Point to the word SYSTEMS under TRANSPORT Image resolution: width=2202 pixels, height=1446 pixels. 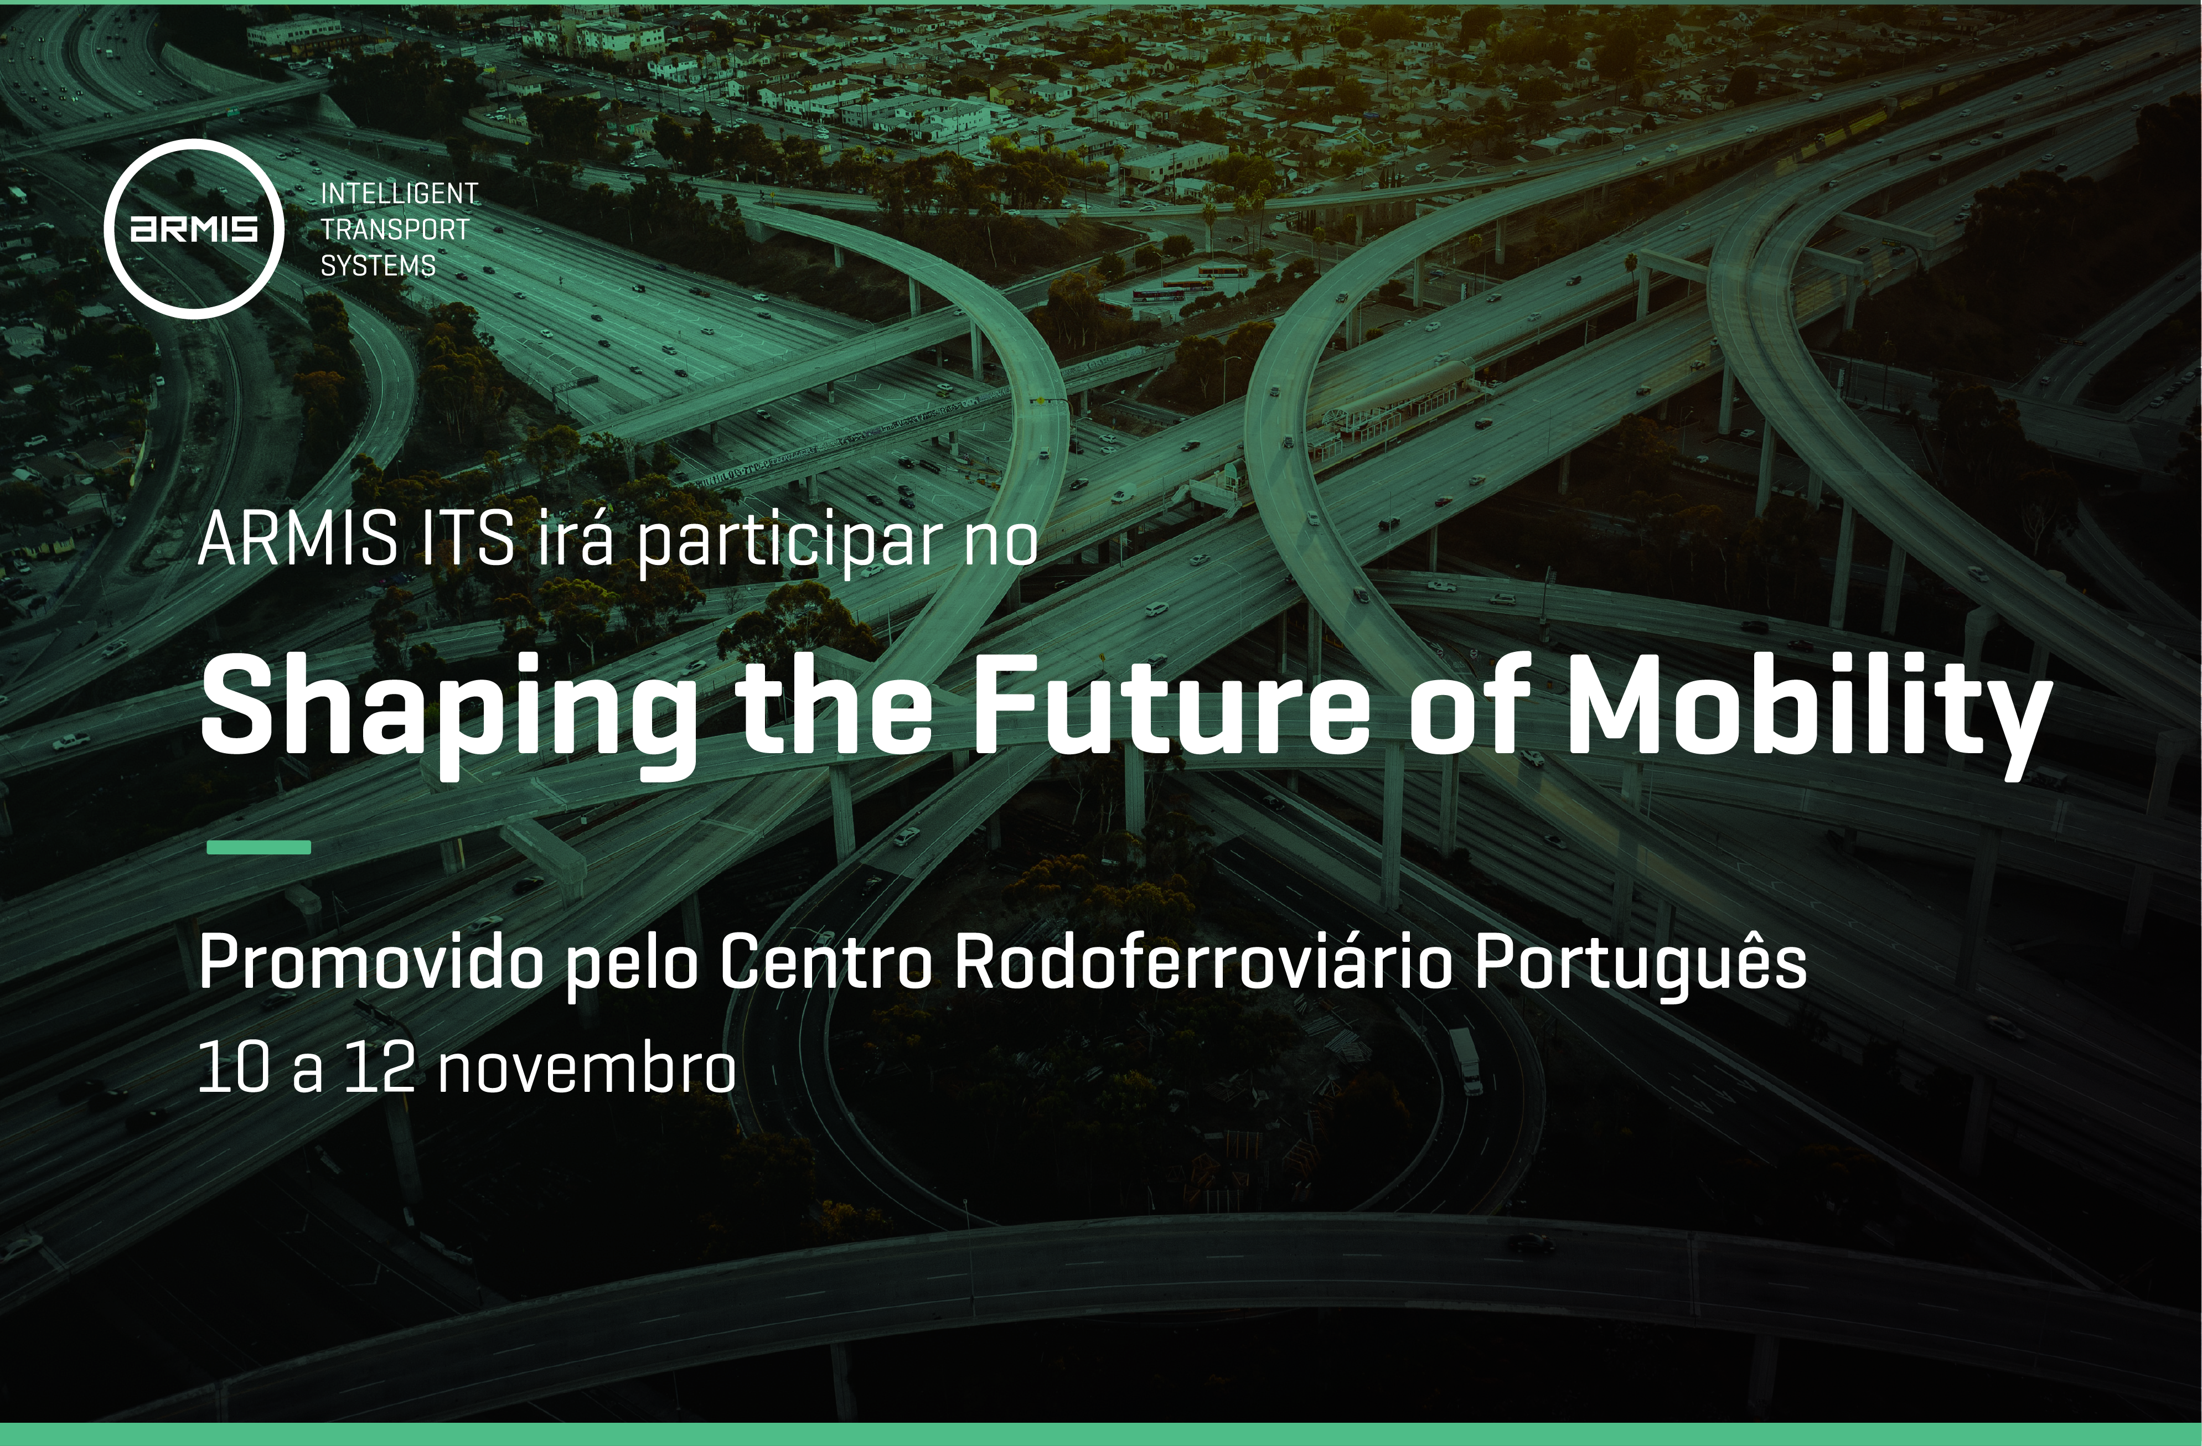[x=378, y=266]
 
